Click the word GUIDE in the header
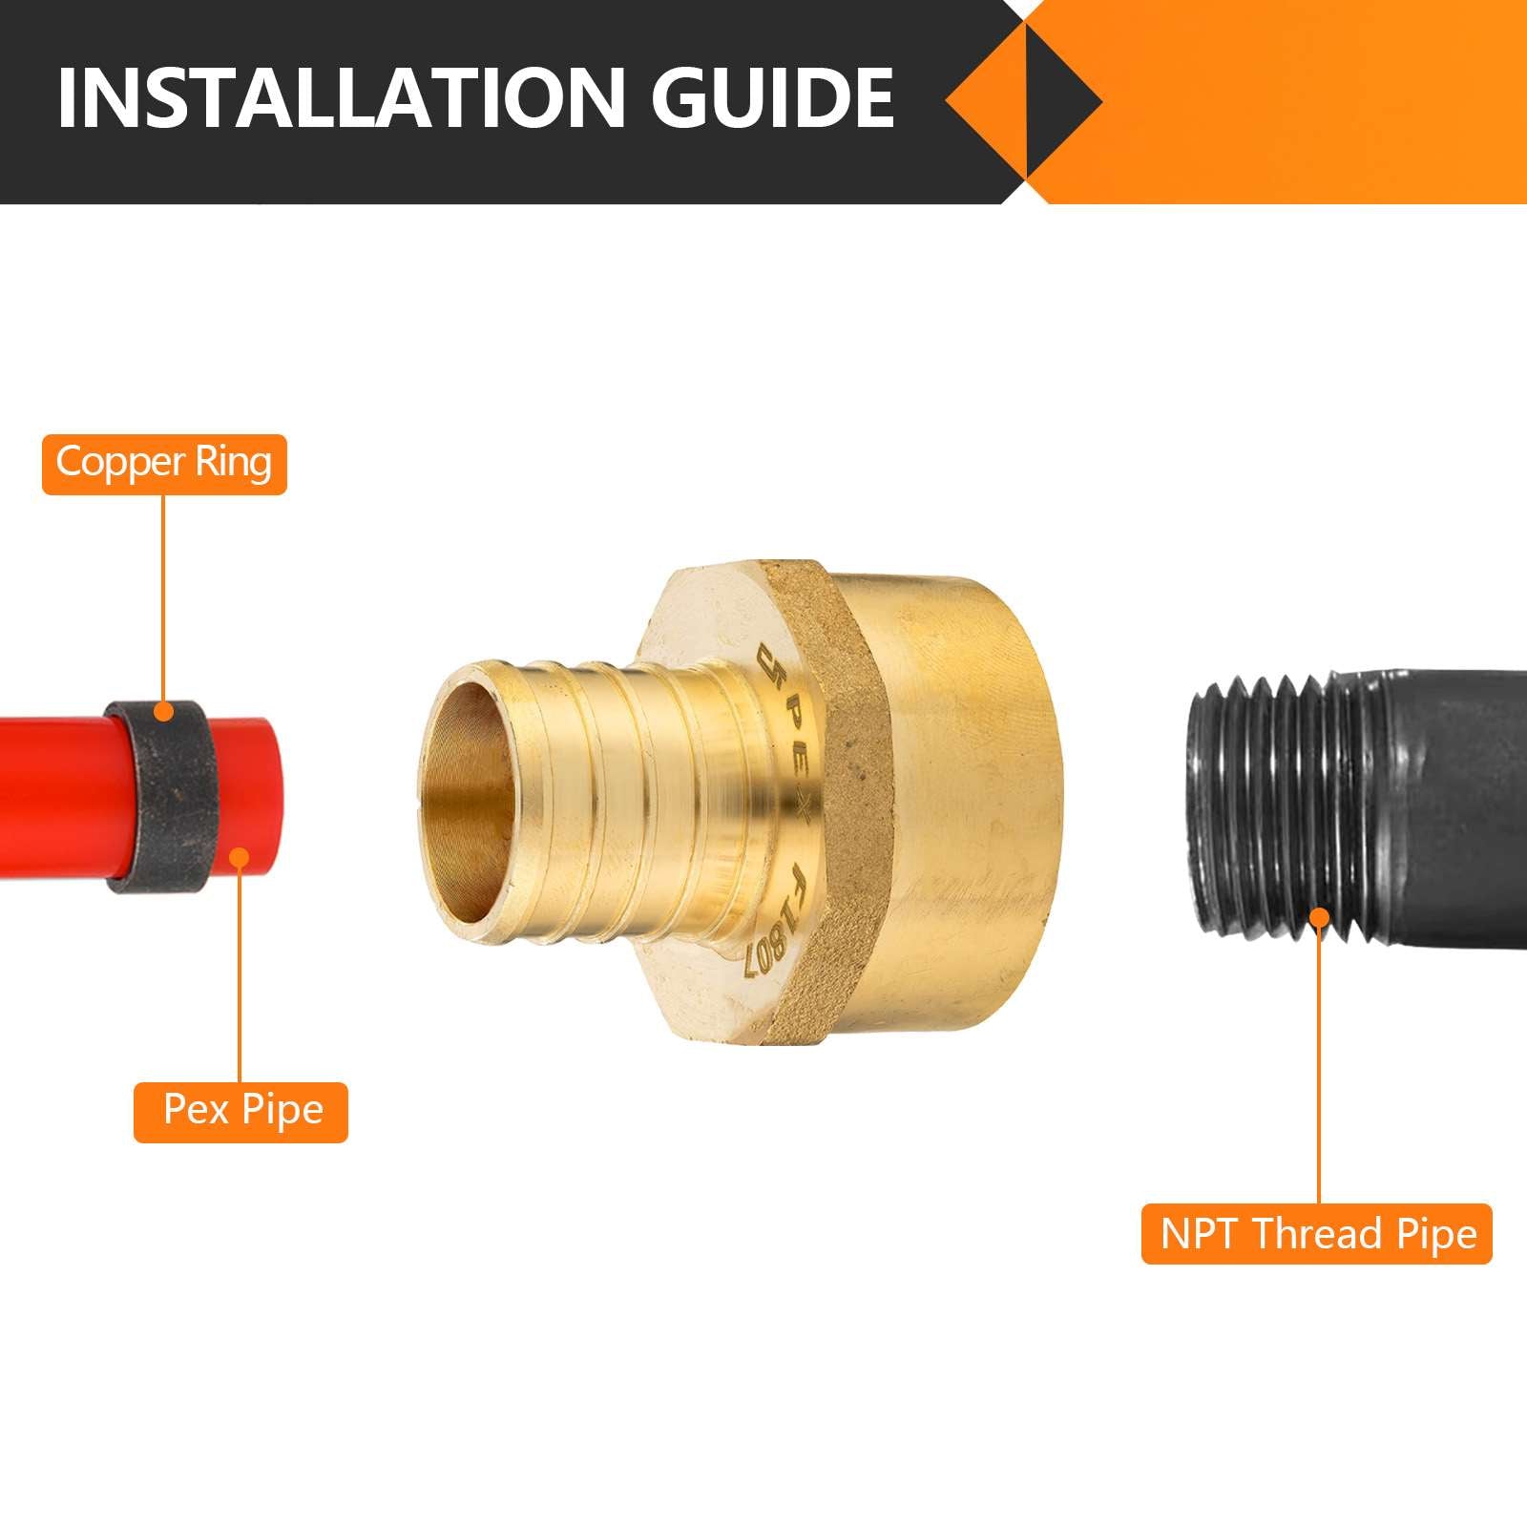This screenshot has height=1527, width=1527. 773,98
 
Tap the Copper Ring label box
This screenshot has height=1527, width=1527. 164,464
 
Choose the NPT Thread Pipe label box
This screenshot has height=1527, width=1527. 1317,1234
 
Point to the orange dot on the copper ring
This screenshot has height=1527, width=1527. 164,711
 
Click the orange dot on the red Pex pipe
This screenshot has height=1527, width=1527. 240,857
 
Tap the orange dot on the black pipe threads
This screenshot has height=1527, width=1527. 1319,918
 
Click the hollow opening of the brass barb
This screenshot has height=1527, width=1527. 468,754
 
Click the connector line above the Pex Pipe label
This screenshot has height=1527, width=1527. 240,973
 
